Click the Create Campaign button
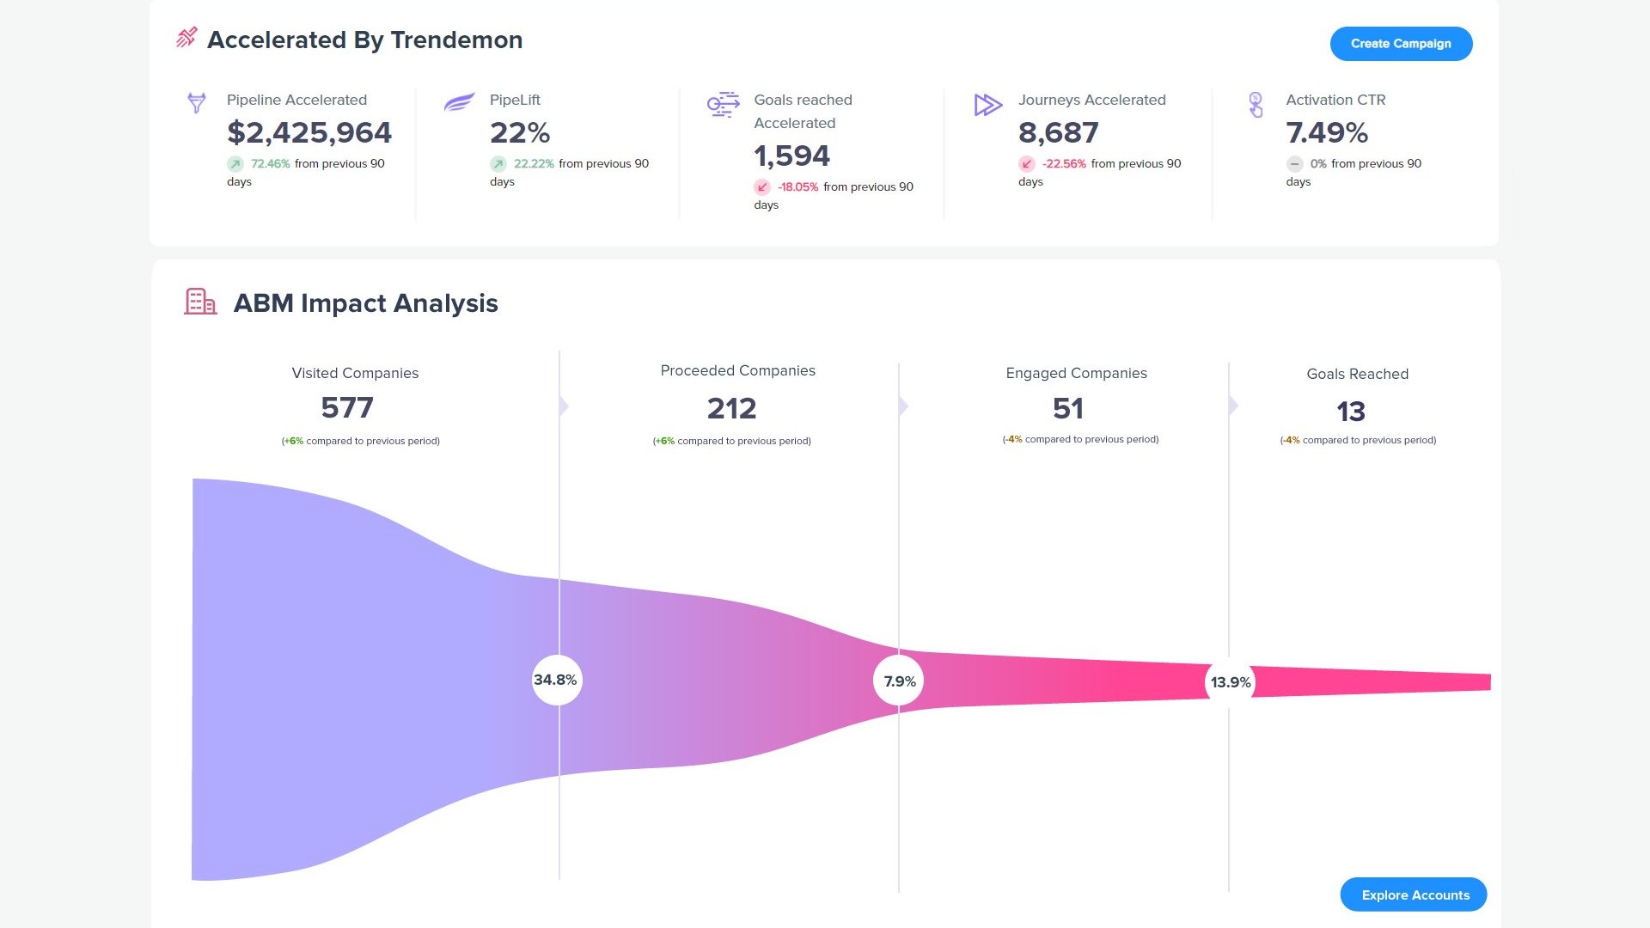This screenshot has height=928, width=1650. [1401, 44]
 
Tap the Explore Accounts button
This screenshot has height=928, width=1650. [1414, 894]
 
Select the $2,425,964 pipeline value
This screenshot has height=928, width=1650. [309, 133]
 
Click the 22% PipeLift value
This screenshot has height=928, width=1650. [520, 133]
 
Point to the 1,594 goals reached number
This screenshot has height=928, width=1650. [791, 156]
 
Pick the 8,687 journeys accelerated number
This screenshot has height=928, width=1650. [1058, 133]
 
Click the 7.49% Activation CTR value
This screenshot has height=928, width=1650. [1327, 133]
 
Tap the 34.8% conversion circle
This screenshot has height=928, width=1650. [556, 680]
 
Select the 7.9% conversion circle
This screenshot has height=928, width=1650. [899, 681]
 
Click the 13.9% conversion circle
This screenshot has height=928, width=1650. [1230, 682]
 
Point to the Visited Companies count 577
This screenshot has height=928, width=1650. [347, 407]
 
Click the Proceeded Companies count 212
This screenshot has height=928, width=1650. [731, 408]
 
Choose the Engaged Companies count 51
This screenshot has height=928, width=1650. [1068, 408]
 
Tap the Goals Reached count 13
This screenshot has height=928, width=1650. [1351, 412]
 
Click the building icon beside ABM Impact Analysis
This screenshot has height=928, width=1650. [200, 302]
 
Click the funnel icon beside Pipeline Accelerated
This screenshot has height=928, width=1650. [197, 103]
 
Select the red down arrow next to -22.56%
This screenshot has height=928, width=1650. [1027, 164]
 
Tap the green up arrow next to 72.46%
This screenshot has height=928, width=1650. [235, 164]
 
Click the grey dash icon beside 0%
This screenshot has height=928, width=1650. [1294, 164]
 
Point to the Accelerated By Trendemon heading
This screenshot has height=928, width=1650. [364, 40]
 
